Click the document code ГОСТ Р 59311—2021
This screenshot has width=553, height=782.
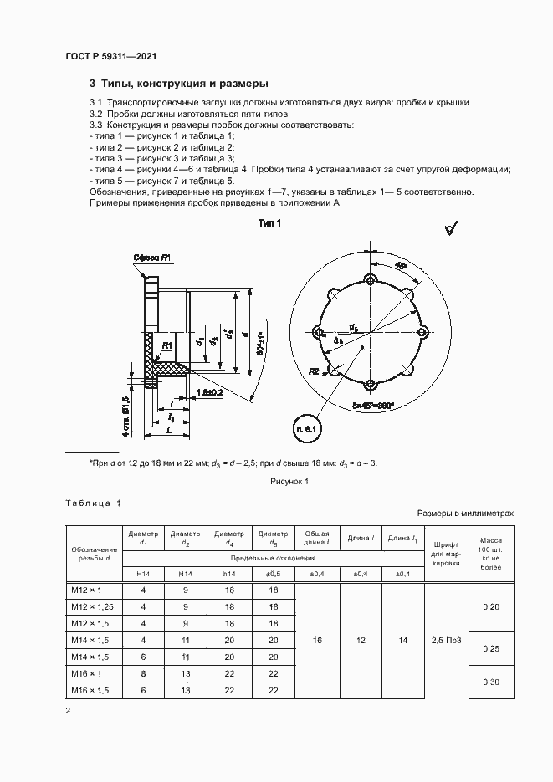111,56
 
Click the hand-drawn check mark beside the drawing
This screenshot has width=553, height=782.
451,227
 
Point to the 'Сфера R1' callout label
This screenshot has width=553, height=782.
152,258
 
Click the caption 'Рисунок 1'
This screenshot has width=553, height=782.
289,482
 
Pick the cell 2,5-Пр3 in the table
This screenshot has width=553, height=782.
446,640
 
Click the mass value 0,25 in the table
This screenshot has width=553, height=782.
492,648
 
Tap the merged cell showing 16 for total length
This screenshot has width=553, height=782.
317,640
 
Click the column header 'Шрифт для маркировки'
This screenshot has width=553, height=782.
446,553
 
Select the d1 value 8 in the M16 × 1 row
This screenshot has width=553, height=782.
143,673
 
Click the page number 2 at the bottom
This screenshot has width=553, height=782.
68,710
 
